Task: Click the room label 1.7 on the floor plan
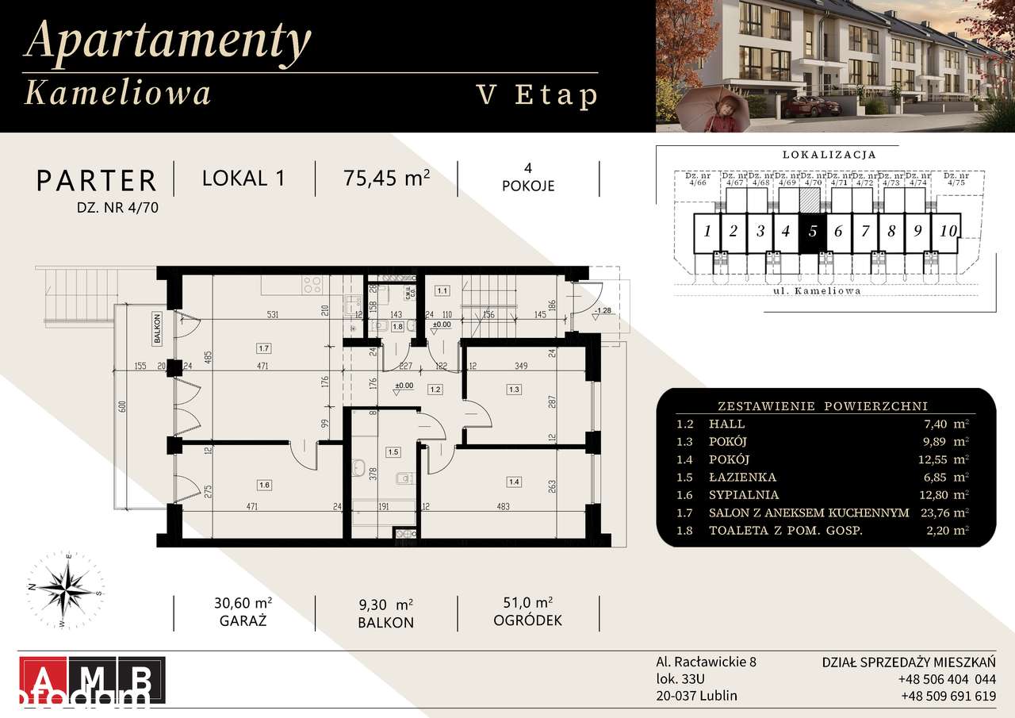tap(265, 347)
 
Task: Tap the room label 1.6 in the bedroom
tap(265, 483)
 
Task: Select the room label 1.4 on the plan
tap(514, 482)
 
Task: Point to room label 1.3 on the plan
tap(514, 389)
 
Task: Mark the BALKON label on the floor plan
tap(159, 327)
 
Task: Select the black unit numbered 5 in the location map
tap(812, 232)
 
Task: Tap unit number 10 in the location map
tap(948, 232)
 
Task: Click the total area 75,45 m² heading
tap(387, 178)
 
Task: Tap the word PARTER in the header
tap(97, 180)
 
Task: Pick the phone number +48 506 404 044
tap(947, 679)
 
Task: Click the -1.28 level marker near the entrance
tap(603, 310)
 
